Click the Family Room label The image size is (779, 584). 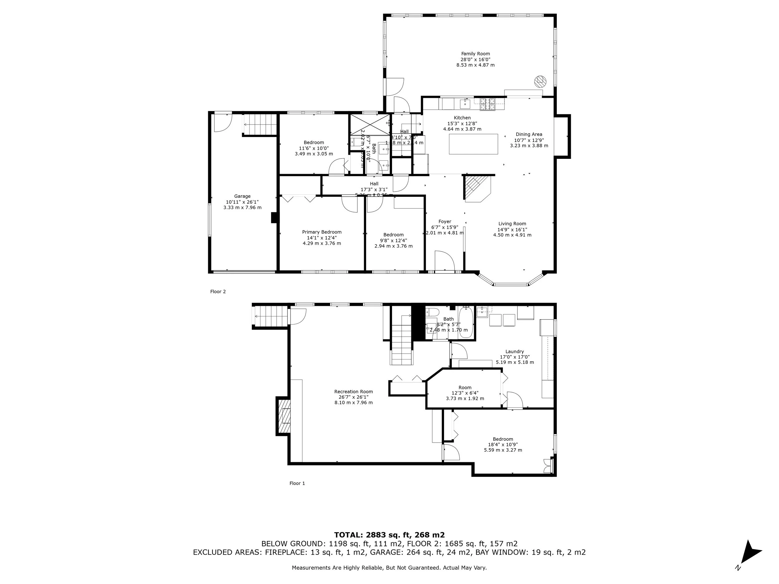point(476,54)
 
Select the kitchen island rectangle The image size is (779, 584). point(473,144)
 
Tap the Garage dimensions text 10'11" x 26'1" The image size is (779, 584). point(242,202)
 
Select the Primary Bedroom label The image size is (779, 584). point(322,232)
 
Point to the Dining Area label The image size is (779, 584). point(529,134)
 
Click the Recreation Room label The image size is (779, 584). point(353,392)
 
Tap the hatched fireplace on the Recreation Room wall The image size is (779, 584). point(284,416)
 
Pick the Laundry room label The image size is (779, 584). point(514,351)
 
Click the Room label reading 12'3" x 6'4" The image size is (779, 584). point(465,393)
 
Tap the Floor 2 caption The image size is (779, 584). point(218,292)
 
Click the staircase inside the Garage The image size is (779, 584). point(260,124)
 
